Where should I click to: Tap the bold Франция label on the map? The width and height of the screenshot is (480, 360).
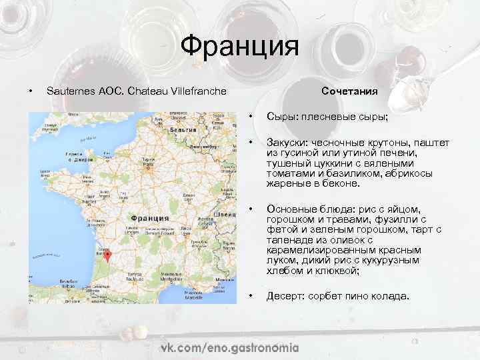pyautogui.click(x=149, y=217)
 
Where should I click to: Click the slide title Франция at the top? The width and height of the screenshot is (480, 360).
pyautogui.click(x=239, y=47)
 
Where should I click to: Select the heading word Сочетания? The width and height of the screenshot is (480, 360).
pyautogui.click(x=349, y=91)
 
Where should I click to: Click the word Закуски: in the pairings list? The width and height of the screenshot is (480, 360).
pyautogui.click(x=287, y=143)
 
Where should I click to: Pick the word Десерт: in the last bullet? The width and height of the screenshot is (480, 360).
pyautogui.click(x=286, y=296)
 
